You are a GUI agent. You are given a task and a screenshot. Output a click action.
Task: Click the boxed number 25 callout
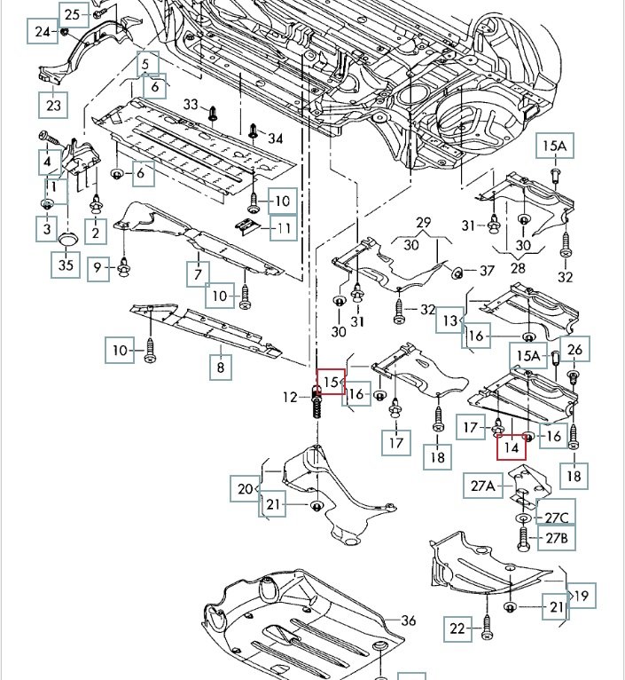tap(73, 13)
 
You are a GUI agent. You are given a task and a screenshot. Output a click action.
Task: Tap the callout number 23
tap(52, 105)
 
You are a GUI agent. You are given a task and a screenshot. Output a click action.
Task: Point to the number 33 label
tap(191, 105)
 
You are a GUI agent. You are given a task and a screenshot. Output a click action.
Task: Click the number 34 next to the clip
tap(275, 138)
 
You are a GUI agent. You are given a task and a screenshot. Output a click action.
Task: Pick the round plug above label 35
tap(67, 241)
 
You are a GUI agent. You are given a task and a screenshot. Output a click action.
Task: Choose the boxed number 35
tap(64, 265)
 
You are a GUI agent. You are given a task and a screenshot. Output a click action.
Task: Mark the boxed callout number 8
tap(220, 366)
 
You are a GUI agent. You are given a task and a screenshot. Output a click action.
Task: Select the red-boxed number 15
tap(331, 382)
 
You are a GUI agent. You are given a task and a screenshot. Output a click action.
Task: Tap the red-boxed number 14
tap(511, 447)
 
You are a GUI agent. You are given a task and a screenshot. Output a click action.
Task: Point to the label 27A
tap(484, 485)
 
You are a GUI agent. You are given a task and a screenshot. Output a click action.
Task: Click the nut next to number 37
tap(459, 271)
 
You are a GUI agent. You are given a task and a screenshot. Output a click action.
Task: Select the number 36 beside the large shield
tap(408, 620)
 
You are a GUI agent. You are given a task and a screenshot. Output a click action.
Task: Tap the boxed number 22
tap(457, 629)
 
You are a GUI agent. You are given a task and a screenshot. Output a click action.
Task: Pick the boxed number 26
tap(574, 350)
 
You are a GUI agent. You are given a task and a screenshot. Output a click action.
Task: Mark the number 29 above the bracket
tap(423, 222)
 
